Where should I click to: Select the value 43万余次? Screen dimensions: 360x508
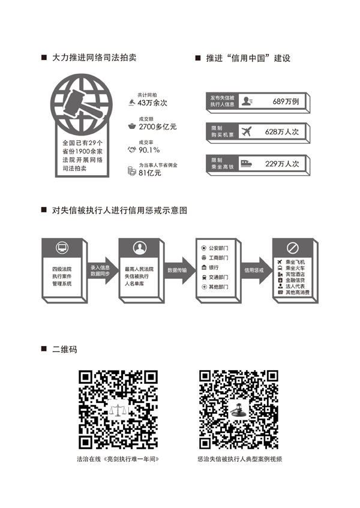152,103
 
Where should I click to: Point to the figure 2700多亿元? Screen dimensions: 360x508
158,127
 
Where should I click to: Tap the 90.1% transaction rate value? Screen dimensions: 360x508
149,150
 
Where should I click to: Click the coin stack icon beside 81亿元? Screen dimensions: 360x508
131,171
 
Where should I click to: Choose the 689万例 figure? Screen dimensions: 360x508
286,101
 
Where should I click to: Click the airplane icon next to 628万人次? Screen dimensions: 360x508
247,131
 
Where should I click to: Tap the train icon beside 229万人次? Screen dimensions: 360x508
246,163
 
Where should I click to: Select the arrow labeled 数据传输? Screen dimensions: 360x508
179,270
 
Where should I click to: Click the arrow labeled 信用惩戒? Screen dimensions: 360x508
256,270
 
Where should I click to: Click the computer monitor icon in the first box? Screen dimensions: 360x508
62,248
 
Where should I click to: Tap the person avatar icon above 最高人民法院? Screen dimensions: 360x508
140,248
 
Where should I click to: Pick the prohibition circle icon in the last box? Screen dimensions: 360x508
293,248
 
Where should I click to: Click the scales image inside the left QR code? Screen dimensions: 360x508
118,410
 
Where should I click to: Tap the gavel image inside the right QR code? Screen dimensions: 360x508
239,409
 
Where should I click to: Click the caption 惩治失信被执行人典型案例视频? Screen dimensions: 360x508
240,459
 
